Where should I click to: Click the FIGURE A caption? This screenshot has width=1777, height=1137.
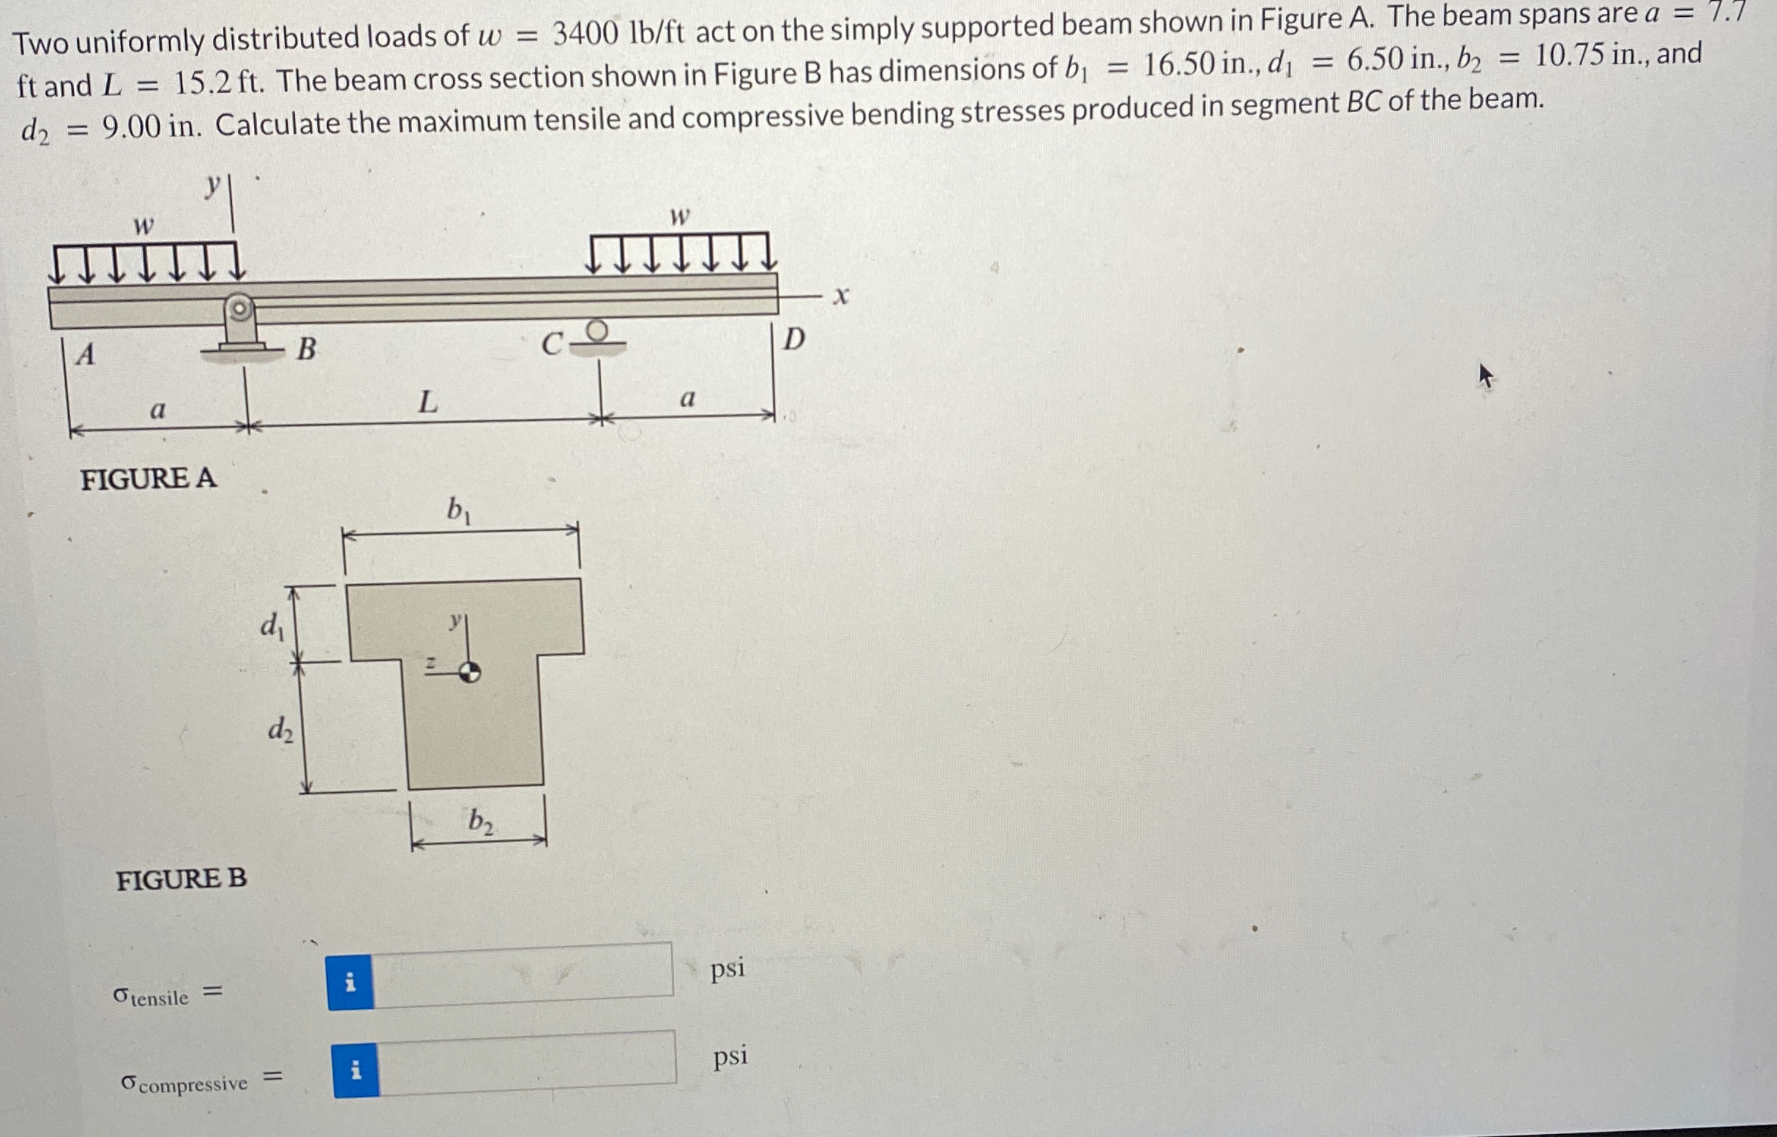click(x=149, y=478)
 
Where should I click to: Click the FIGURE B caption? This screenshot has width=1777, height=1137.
click(x=181, y=879)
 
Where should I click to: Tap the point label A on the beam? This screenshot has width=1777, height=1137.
click(x=86, y=355)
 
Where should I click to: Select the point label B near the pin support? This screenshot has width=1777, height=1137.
click(x=305, y=348)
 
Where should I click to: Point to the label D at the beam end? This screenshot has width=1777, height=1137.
click(x=793, y=340)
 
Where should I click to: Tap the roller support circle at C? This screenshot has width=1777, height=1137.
click(x=599, y=328)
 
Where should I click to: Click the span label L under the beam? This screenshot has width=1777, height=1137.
click(x=427, y=403)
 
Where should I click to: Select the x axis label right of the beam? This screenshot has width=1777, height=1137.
click(x=840, y=297)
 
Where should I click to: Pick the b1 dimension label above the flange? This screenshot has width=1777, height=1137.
click(x=459, y=510)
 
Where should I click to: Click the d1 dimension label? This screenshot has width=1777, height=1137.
click(x=272, y=626)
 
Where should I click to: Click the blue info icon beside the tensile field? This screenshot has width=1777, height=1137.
click(x=351, y=982)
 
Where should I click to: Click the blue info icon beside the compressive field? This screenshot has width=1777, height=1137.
click(x=356, y=1070)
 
